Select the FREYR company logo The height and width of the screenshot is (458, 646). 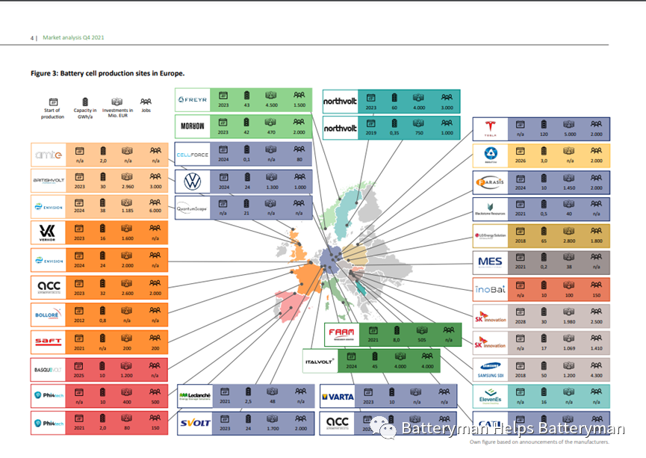pos(193,100)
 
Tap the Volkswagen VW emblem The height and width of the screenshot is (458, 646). pos(193,180)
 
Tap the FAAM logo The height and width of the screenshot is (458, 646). pos(342,333)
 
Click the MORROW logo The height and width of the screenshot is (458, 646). pos(193,127)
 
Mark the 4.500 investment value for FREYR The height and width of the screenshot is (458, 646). pos(272,105)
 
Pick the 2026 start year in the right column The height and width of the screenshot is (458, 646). pos(521,161)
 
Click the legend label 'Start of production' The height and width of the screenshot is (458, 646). pos(53,114)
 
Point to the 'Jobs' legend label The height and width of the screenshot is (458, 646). pos(146,111)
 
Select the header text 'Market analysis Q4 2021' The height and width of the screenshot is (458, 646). pos(73,37)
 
